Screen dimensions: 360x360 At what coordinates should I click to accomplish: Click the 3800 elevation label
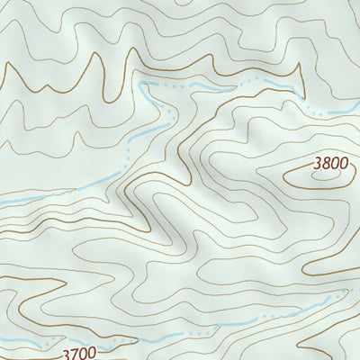pyautogui.click(x=329, y=164)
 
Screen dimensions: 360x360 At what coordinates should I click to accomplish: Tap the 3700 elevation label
pyautogui.click(x=78, y=354)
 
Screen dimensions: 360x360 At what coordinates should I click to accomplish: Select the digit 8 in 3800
pyautogui.click(x=325, y=164)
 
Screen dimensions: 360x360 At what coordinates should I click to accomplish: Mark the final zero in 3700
pyautogui.click(x=89, y=354)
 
